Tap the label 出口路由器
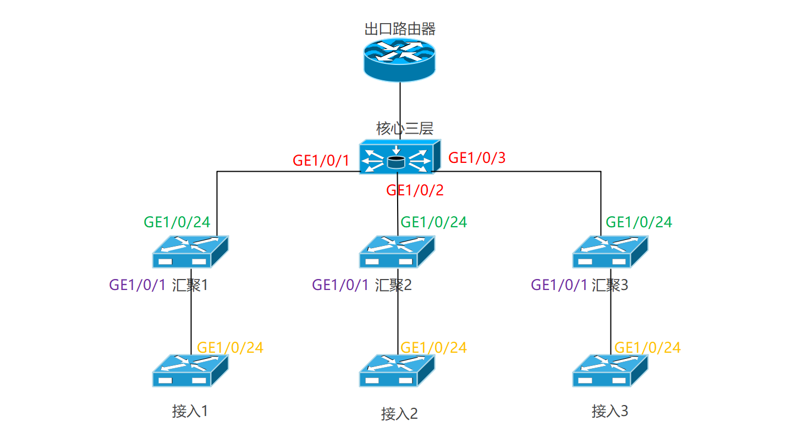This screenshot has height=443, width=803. point(400,29)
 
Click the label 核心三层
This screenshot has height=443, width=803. point(405,129)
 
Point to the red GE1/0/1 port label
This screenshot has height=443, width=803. point(321,161)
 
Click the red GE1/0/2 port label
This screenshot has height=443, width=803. point(415,190)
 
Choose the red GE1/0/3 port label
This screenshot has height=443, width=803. point(477,158)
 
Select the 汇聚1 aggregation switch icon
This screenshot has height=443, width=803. point(190,251)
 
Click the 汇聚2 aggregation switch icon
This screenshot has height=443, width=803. point(397,251)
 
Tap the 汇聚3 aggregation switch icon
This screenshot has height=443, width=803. point(610,251)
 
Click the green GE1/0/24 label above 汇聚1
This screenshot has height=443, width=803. point(177,222)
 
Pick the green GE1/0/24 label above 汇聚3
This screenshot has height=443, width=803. point(639,222)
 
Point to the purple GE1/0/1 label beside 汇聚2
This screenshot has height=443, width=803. point(340,285)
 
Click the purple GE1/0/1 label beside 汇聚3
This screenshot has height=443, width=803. point(559,285)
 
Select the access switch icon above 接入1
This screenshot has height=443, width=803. point(190,370)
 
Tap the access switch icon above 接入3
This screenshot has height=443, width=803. point(610,370)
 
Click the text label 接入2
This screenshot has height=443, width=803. point(399,414)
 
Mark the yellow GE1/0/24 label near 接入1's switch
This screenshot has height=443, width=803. point(230,348)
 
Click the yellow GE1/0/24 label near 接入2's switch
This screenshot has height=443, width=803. point(433,348)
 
